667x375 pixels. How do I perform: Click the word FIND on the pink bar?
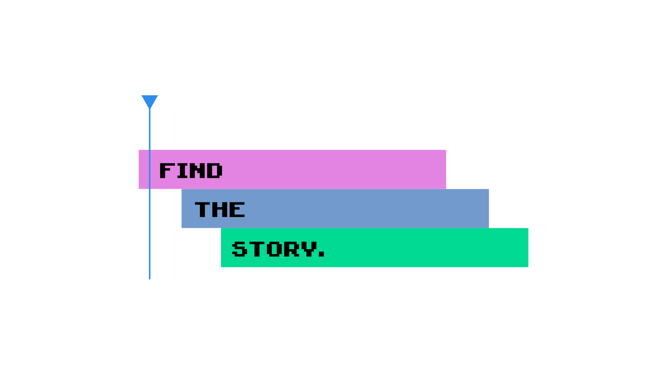(191, 171)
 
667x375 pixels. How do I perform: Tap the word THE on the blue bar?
(220, 210)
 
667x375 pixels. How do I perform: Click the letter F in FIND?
(166, 171)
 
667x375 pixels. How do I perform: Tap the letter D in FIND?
(216, 171)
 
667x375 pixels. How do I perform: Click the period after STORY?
(322, 254)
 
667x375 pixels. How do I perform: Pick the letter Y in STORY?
(310, 249)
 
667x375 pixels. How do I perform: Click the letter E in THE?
(237, 210)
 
